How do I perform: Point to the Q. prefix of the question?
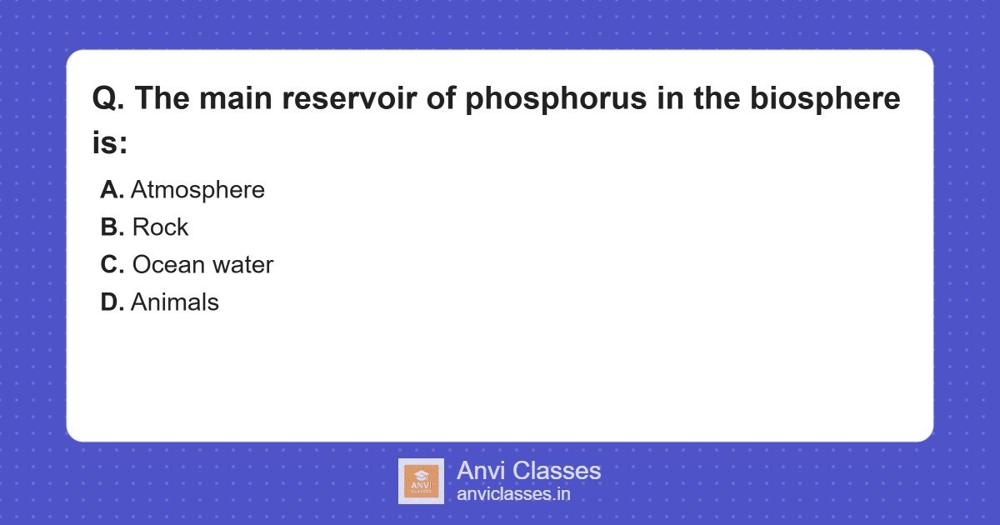point(108,100)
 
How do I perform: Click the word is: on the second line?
point(109,142)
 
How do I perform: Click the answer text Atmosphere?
point(197,190)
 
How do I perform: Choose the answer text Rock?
point(160,227)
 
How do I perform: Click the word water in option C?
point(242,265)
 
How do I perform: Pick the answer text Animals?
point(175,302)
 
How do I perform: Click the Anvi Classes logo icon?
point(421,481)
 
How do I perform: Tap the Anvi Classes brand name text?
point(528,471)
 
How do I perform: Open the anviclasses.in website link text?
point(513,494)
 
